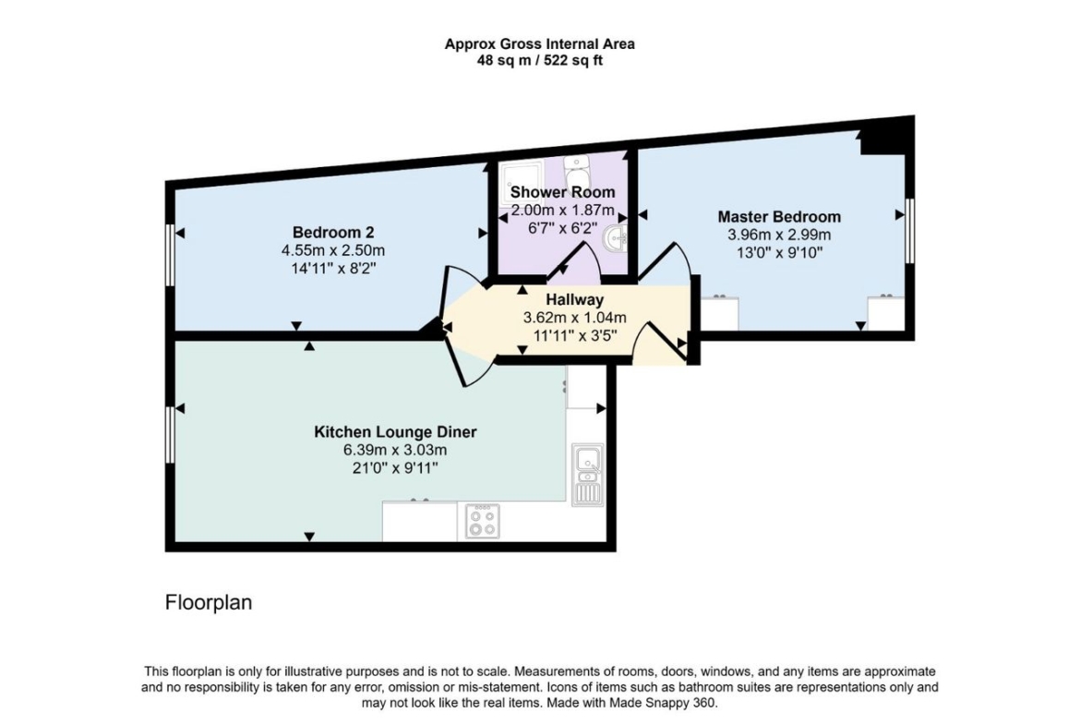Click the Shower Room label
pos(563,192)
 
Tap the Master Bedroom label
pos(779,216)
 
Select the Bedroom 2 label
pos(333,232)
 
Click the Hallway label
pos(574,300)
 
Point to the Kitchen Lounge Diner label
pos(395,432)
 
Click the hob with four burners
pos(482,521)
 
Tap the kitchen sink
pos(587,474)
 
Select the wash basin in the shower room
pos(615,238)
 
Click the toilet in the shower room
pos(576,168)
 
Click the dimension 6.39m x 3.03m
pos(395,450)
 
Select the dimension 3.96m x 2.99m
pos(779,235)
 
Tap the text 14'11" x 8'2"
pos(333,268)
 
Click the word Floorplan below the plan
pos(209,602)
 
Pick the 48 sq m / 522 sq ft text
pos(540,61)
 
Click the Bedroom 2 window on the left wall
pos(170,255)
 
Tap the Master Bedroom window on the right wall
pos(910,231)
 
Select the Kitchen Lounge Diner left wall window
pos(170,435)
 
